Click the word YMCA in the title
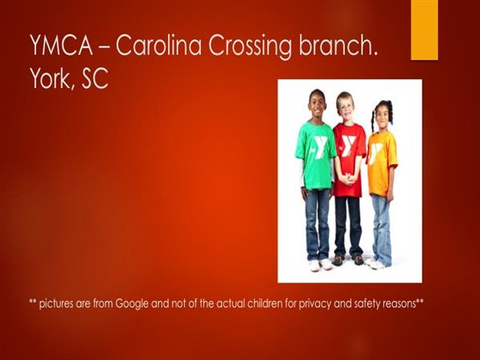pos(62,45)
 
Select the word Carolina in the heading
pos(158,45)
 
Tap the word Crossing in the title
pos(250,46)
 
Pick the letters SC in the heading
pos(94,78)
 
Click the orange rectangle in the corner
pos(424,30)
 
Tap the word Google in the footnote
pos(132,304)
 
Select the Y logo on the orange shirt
pos(375,153)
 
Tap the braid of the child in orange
pos(374,122)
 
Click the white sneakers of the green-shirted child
pos(320,264)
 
